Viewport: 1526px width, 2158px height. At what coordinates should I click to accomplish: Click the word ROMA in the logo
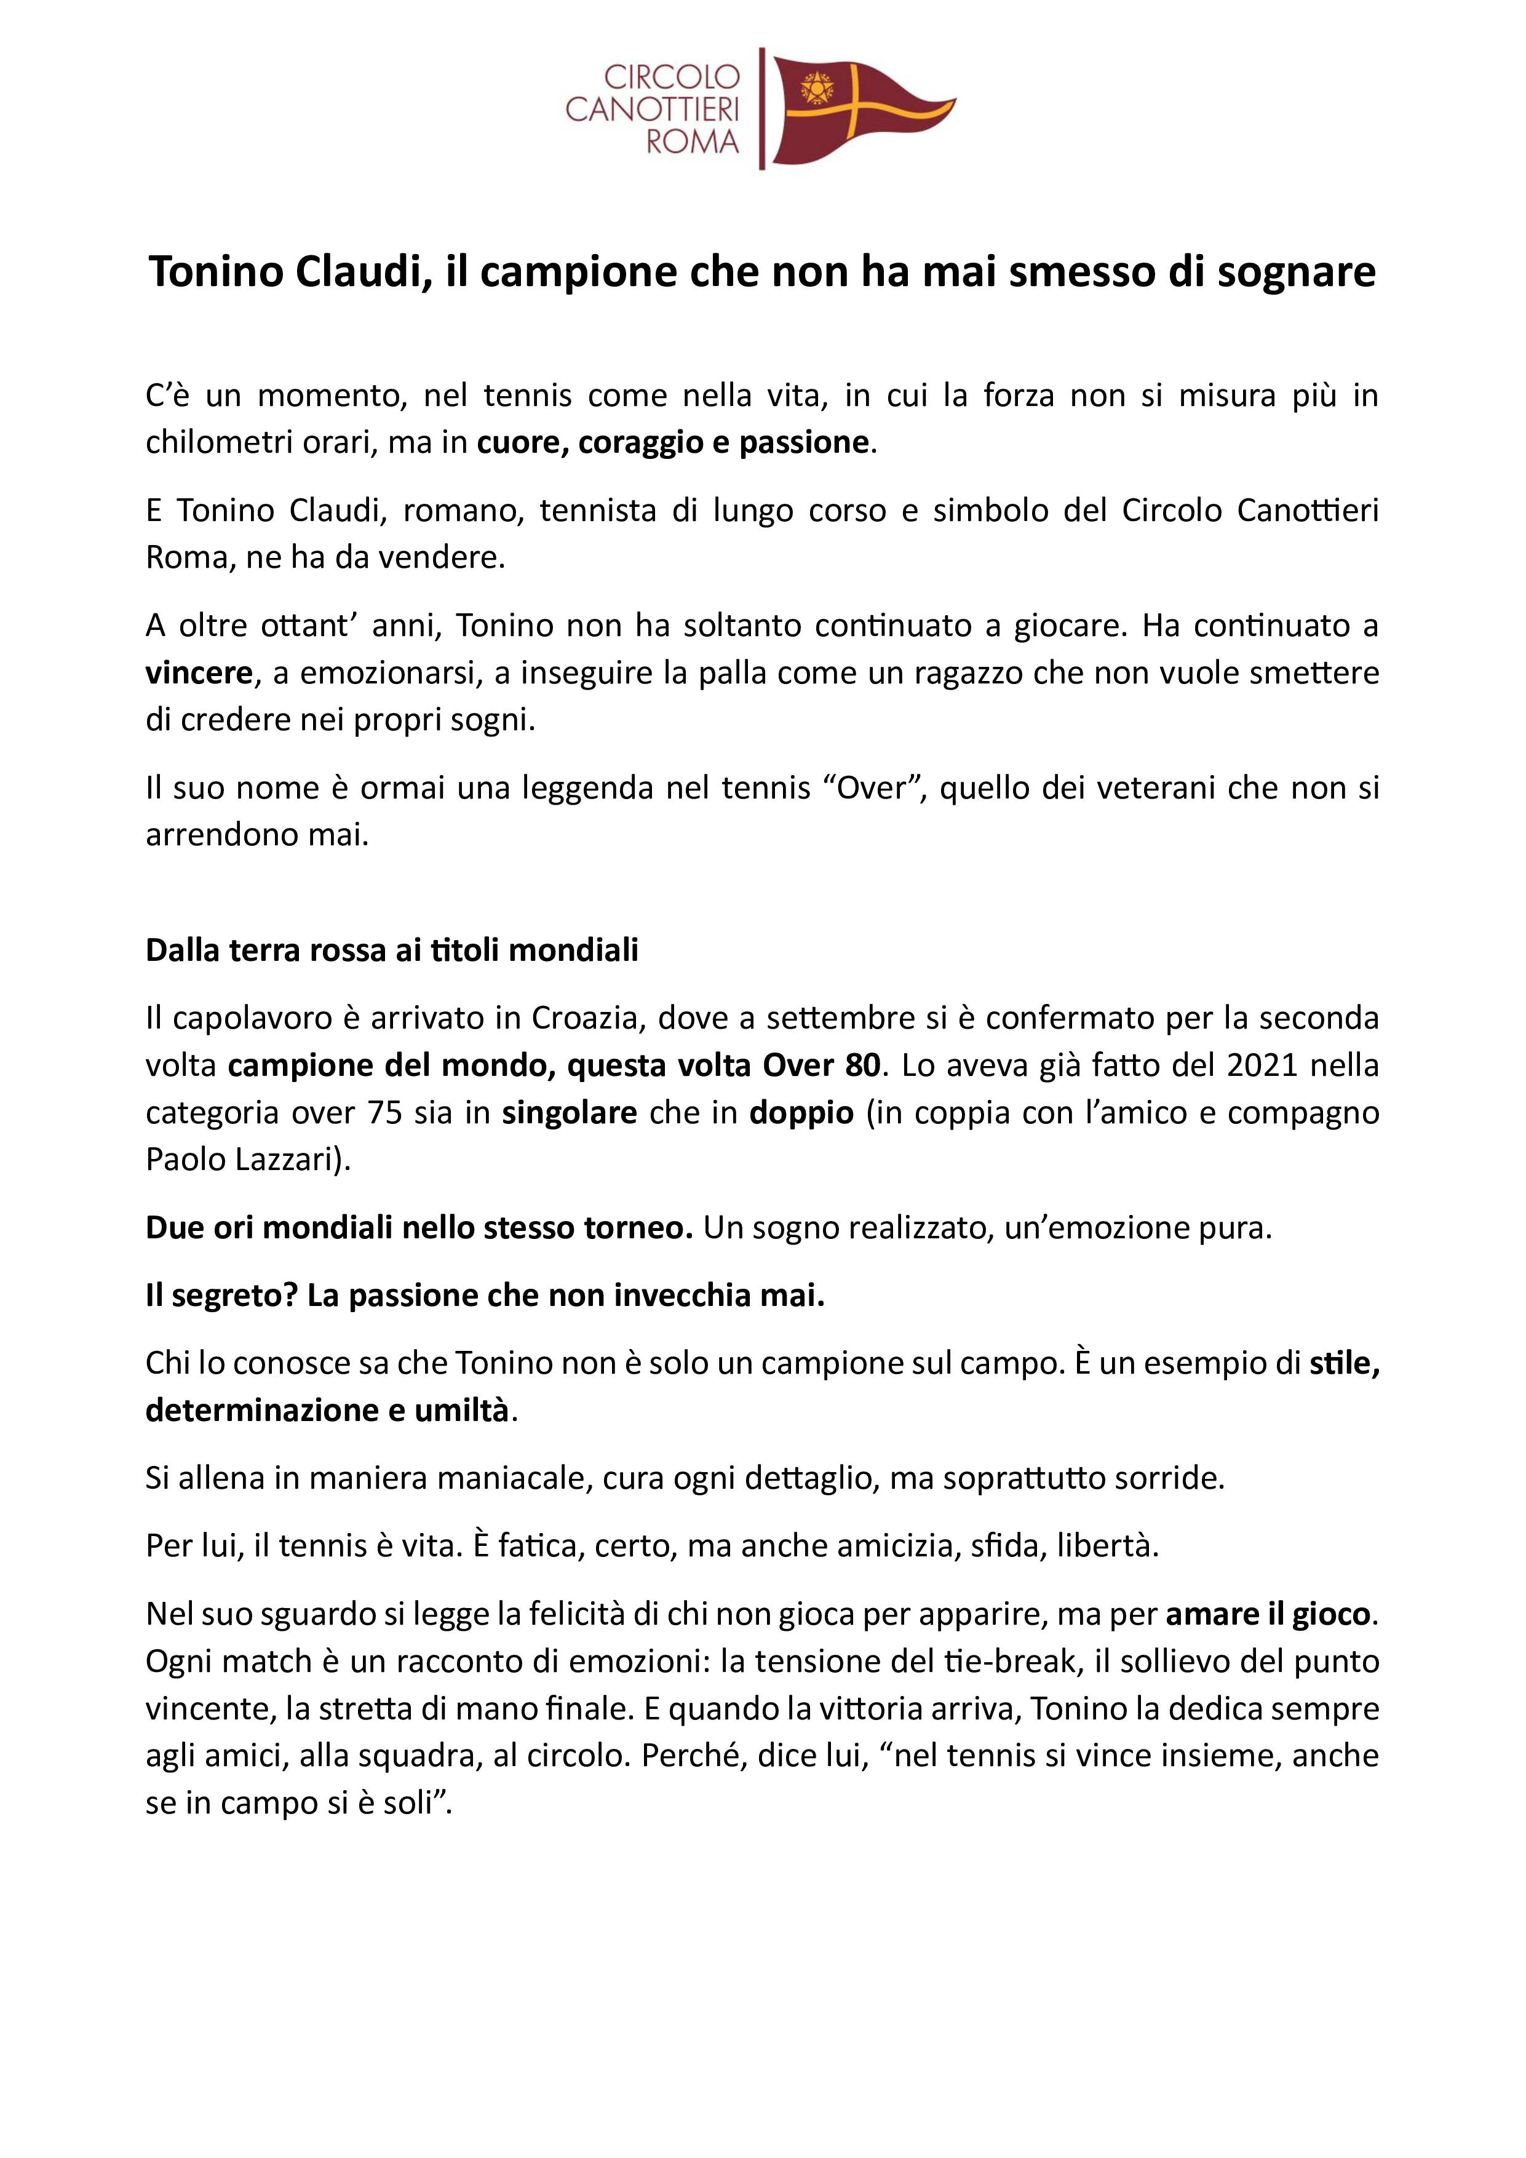[693, 143]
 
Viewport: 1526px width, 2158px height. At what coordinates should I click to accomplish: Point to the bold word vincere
[198, 673]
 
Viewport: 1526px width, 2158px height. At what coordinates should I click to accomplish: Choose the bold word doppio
[801, 1113]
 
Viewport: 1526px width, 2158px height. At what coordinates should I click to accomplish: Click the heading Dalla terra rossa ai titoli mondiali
[392, 950]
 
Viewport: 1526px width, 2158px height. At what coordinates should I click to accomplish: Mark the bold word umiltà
[461, 1410]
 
